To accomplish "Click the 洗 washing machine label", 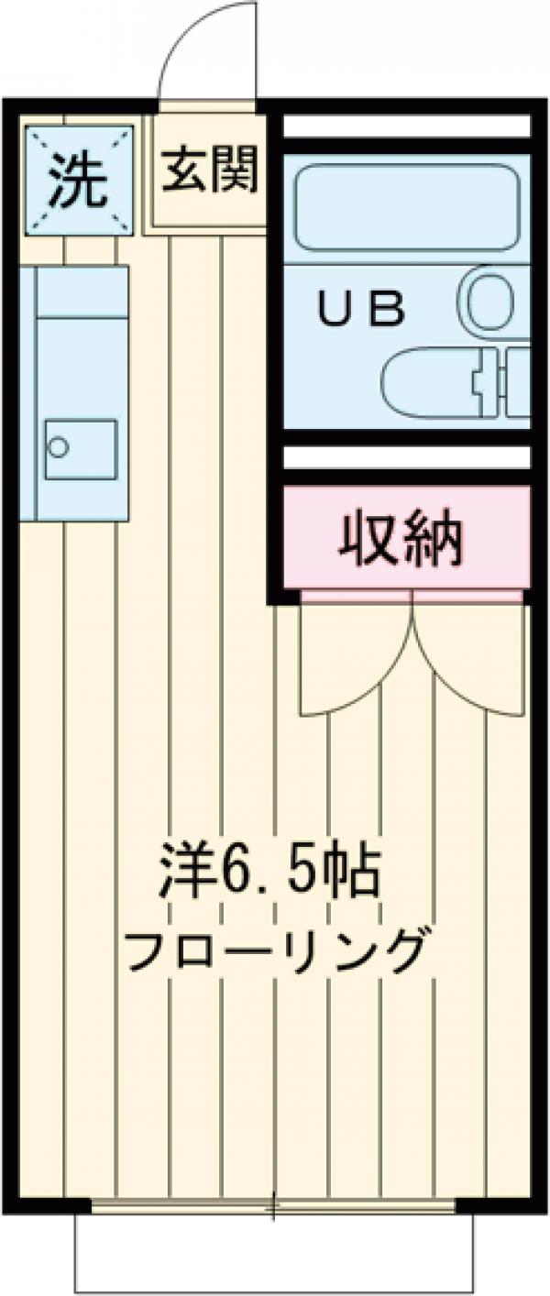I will (77, 181).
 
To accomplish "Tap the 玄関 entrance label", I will (208, 170).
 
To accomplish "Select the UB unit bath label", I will (361, 310).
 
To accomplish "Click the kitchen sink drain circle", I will (59, 447).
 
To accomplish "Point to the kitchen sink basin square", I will (80, 448).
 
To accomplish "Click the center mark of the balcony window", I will (272, 1207).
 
